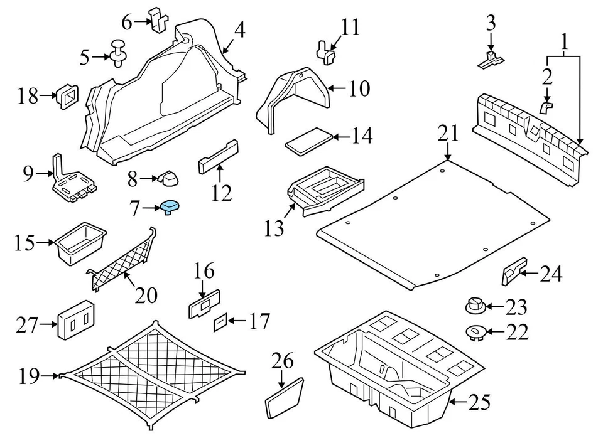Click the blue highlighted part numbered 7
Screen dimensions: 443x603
pyautogui.click(x=170, y=206)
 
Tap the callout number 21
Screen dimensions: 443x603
pyautogui.click(x=448, y=134)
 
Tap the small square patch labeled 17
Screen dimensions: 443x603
pyautogui.click(x=220, y=322)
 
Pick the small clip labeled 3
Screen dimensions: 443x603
pyautogui.click(x=491, y=58)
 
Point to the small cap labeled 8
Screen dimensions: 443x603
pyautogui.click(x=168, y=179)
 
